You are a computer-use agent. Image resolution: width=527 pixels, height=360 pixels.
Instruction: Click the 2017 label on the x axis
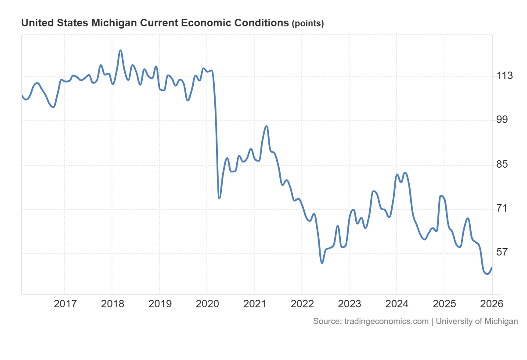[65, 303]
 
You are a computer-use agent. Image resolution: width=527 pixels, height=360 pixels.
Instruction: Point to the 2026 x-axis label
[491, 303]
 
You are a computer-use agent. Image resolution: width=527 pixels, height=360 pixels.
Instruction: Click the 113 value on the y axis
[505, 76]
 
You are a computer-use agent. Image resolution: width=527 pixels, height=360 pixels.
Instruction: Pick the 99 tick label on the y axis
[502, 120]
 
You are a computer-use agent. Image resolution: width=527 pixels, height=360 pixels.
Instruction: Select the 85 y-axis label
[502, 165]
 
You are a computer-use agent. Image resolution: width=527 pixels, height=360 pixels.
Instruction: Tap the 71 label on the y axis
[502, 208]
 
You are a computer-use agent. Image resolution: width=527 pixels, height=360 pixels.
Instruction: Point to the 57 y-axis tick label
[502, 252]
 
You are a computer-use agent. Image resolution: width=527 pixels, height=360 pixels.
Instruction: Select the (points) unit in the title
[308, 24]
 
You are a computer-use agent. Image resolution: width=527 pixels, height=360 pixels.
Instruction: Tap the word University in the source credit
[454, 321]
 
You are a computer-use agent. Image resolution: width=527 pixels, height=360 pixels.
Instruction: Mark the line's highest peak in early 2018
[120, 50]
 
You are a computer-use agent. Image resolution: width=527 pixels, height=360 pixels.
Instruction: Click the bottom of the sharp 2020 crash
[219, 198]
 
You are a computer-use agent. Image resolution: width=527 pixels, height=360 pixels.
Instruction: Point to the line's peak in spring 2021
[266, 126]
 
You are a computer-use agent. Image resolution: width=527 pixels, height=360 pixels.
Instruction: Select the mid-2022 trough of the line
[322, 263]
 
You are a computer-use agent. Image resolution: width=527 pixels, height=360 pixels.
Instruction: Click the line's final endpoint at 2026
[492, 267]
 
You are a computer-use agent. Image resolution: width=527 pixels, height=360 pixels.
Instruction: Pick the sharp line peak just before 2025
[440, 196]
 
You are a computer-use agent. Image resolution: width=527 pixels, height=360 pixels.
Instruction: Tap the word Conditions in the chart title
[263, 23]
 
